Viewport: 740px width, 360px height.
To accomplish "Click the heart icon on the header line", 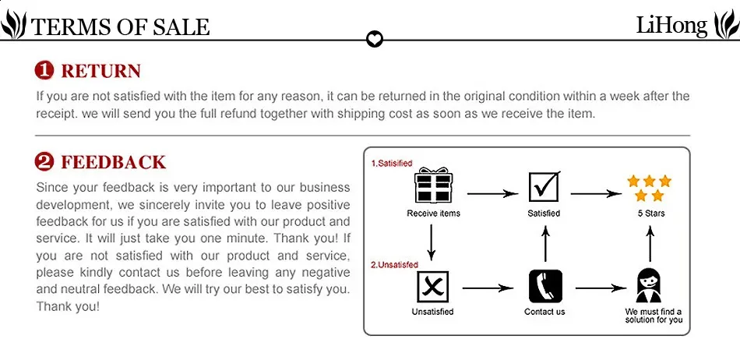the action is click(x=375, y=39).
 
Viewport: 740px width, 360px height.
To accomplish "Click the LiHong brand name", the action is click(x=671, y=25).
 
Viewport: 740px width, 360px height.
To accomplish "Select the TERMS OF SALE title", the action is click(x=120, y=27).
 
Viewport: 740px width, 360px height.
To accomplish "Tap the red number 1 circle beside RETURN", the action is click(x=45, y=71).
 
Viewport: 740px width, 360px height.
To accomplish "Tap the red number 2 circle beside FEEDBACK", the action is click(x=45, y=162).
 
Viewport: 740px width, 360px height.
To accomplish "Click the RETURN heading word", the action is click(x=101, y=71).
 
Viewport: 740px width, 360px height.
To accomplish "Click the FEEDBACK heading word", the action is click(x=114, y=162).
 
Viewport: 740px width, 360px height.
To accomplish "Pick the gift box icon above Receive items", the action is click(x=434, y=185).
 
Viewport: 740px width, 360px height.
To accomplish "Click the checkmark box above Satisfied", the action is click(x=544, y=186).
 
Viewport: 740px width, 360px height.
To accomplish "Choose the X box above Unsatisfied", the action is click(x=432, y=287).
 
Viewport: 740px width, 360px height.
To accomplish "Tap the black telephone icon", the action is click(x=545, y=286).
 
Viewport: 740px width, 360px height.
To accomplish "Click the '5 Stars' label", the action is click(x=651, y=214).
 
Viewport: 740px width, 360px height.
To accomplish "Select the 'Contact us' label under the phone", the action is click(x=544, y=312).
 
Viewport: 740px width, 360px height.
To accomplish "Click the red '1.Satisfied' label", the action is click(x=392, y=164).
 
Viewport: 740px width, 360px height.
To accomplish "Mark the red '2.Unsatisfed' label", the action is click(x=395, y=265).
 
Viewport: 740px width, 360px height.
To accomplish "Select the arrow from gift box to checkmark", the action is click(x=493, y=193).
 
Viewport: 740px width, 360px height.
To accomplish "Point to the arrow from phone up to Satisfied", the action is click(x=545, y=243).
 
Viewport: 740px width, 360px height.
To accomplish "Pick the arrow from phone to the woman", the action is click(x=601, y=288).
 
